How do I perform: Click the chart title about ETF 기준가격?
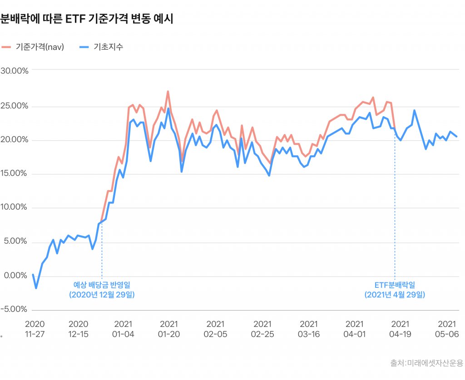coord(87,19)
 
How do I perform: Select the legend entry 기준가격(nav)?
coord(33,47)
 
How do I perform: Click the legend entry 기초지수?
coord(101,47)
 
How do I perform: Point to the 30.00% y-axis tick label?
coord(14,71)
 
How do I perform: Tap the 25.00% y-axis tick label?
coord(14,106)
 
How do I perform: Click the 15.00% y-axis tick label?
coord(14,173)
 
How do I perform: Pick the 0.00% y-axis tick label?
coord(15,276)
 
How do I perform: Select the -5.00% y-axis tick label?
coord(14,309)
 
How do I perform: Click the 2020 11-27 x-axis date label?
coord(35,329)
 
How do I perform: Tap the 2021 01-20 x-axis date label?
coord(169,329)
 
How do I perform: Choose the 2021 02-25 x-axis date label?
coord(262,329)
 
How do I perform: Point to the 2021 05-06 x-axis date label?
coord(447,329)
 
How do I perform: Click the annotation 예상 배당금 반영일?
coord(102,285)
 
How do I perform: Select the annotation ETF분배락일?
coord(395,285)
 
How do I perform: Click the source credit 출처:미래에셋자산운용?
coord(427,363)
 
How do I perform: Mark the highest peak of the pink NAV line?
coord(168,91)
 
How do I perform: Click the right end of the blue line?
coord(457,136)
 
